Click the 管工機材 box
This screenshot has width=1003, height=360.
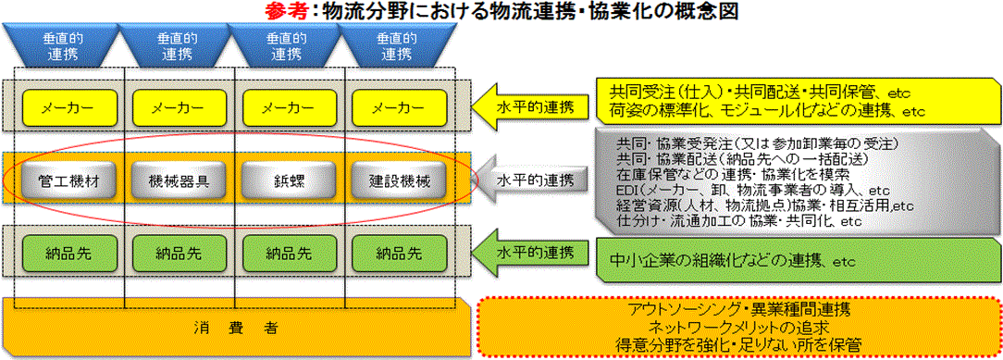pyautogui.click(x=68, y=181)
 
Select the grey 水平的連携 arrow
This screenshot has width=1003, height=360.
pyautogui.click(x=530, y=180)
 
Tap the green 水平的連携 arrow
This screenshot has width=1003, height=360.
pyautogui.click(x=530, y=254)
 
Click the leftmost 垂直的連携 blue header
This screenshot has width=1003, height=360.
pyautogui.click(x=63, y=44)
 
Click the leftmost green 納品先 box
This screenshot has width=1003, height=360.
pyautogui.click(x=68, y=254)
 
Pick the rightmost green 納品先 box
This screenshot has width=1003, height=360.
pyautogui.click(x=400, y=254)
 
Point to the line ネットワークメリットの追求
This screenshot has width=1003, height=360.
pyautogui.click(x=738, y=328)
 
